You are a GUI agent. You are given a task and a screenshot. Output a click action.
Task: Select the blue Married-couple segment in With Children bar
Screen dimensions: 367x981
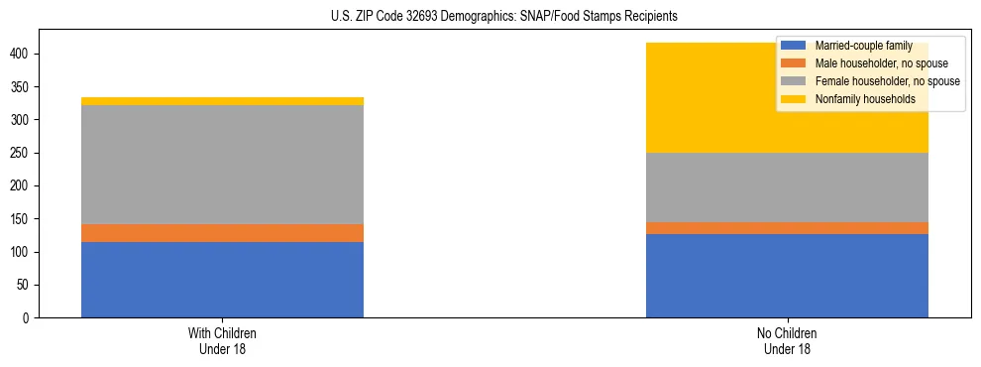(x=222, y=280)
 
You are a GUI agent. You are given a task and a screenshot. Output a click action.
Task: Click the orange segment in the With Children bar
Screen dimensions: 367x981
(x=222, y=233)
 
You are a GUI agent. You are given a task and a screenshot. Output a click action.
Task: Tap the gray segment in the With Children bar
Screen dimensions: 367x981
(x=222, y=165)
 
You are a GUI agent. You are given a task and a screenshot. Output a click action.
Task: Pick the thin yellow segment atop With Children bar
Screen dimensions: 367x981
(x=222, y=101)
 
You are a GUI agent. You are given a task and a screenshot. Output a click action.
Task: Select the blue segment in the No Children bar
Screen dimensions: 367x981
(x=787, y=276)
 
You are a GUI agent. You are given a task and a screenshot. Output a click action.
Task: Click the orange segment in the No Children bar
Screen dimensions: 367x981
(x=787, y=228)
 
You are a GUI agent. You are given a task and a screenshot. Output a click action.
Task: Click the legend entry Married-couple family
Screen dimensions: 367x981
(x=862, y=46)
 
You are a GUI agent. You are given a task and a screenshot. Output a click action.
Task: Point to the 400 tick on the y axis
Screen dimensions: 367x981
(x=22, y=54)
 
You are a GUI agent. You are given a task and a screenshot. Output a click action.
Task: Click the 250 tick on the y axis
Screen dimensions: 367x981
(x=22, y=153)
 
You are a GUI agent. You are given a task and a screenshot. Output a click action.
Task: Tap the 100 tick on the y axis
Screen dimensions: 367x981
(x=22, y=252)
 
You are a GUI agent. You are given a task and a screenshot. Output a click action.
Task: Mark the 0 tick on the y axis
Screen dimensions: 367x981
(x=28, y=318)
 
